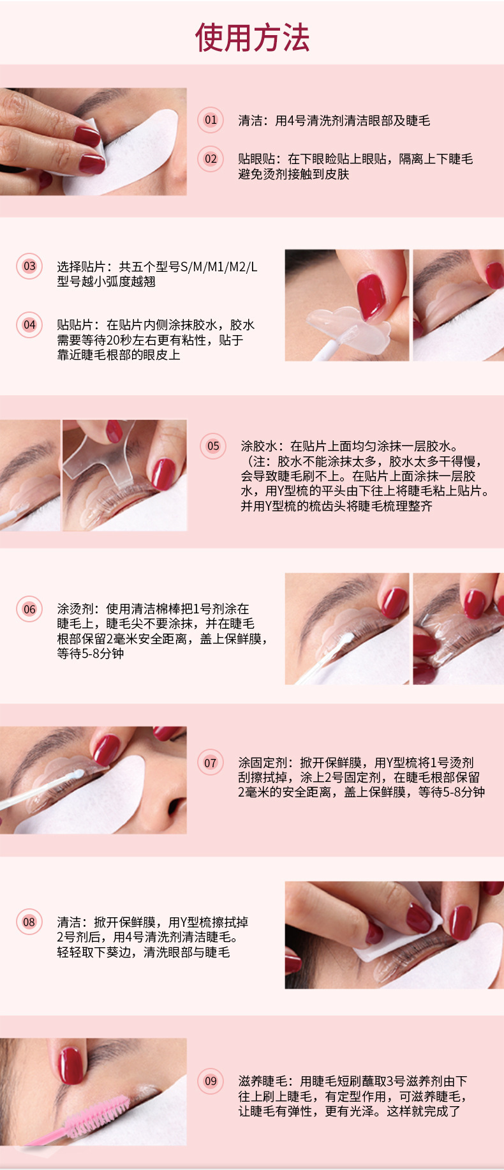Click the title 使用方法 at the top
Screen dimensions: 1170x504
coord(252,38)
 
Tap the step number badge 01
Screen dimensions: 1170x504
coord(211,120)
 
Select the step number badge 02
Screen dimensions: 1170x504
coord(211,159)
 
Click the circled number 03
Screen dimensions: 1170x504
coord(29,266)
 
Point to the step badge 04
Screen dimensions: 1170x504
coord(29,324)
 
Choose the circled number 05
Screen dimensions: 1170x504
coord(213,446)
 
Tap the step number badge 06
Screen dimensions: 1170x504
coord(29,609)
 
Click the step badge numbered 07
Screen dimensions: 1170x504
coord(211,763)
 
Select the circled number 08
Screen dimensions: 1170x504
coord(29,922)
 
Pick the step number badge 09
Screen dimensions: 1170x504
coord(211,1081)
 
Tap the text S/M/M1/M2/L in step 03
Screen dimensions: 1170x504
coord(219,267)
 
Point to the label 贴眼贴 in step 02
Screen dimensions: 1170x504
coord(257,159)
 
